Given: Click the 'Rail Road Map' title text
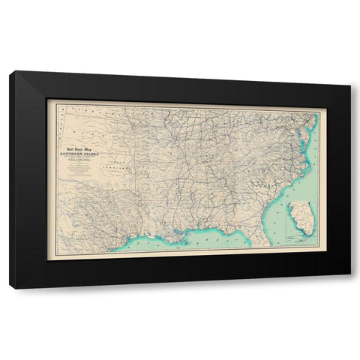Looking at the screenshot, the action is (79, 148).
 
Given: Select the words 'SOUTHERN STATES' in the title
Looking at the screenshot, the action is (79, 154).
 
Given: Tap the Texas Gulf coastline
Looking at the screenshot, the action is (120, 240).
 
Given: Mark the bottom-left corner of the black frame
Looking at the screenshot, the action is (10, 287).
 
